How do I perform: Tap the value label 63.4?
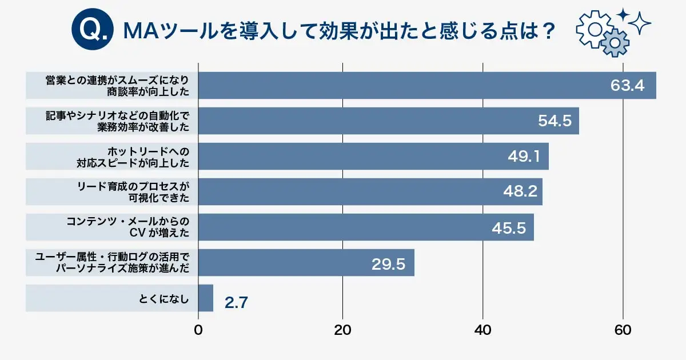[627, 86]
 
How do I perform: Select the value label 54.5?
[555, 121]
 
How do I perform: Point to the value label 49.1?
[524, 157]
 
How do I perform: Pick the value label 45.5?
[509, 227]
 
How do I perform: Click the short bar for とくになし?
[205, 298]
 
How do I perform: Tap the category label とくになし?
[164, 298]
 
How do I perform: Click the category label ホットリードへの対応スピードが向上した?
[133, 157]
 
